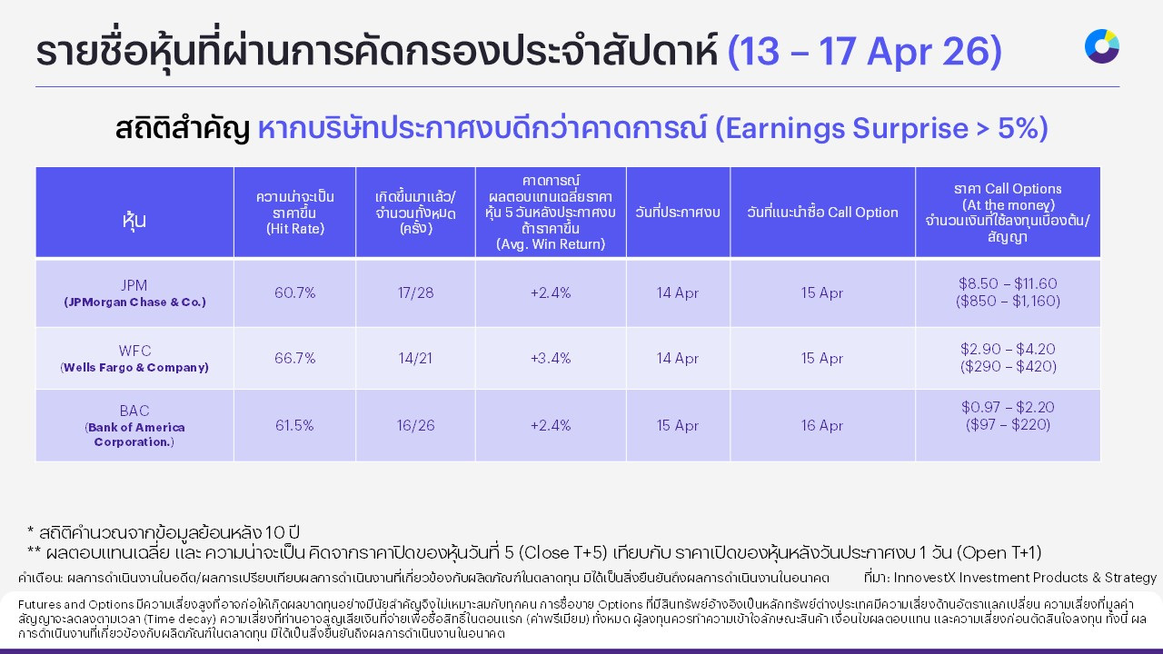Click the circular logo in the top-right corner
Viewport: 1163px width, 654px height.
coord(1101,46)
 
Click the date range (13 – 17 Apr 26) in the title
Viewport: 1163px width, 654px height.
coord(864,53)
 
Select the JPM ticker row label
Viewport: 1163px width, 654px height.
coord(134,284)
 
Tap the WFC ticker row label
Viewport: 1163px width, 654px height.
coord(134,351)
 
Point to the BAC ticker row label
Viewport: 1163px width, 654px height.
coord(134,411)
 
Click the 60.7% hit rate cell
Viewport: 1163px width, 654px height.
coord(294,293)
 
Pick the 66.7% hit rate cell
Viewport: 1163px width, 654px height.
coord(294,359)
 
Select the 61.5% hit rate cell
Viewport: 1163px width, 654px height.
coord(294,425)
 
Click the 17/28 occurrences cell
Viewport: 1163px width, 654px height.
coord(415,293)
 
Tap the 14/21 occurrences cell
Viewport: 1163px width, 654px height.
coord(415,359)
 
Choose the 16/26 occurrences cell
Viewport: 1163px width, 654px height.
coord(415,425)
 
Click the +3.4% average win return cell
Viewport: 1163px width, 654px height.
coord(550,359)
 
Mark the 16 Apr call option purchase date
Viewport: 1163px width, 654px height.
coord(822,425)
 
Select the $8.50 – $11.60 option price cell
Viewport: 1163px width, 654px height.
coord(1008,292)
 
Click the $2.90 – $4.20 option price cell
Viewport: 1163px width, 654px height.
coord(1008,358)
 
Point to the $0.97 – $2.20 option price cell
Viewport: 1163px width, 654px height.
coord(1008,416)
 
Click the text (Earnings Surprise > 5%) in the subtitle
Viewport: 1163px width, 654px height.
coord(881,129)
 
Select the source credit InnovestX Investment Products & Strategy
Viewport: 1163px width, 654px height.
coord(1025,578)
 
